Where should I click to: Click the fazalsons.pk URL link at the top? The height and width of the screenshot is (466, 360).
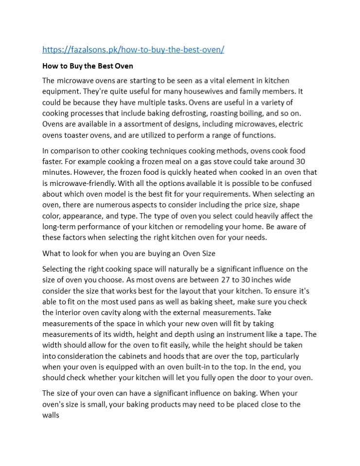133,50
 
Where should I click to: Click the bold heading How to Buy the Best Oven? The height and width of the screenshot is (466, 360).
87,66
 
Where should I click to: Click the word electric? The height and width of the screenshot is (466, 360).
291,124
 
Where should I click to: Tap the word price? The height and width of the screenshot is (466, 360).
261,205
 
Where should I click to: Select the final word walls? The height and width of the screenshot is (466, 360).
51,415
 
